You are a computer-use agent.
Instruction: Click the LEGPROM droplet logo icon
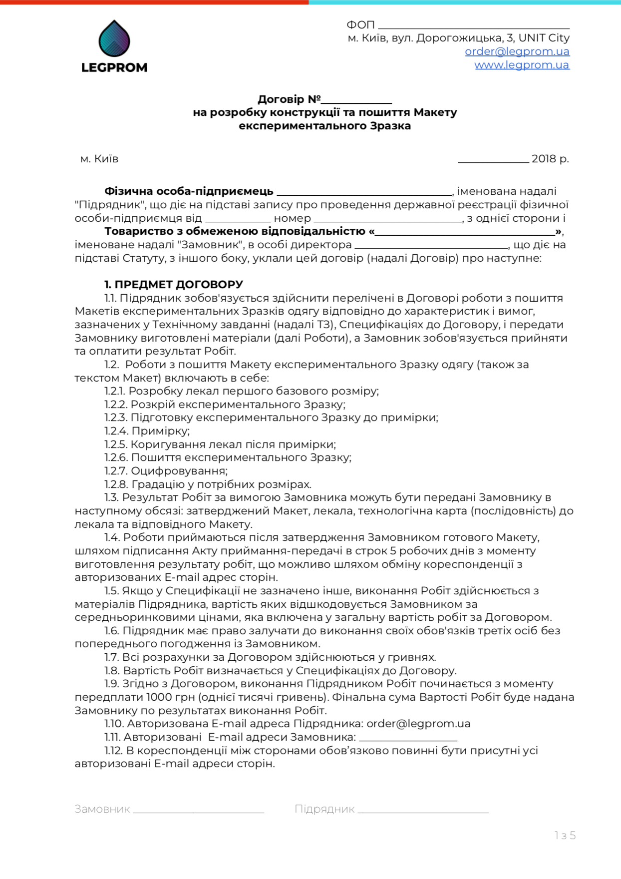114,38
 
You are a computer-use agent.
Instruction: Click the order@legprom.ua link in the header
517,51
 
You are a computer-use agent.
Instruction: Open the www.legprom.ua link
522,65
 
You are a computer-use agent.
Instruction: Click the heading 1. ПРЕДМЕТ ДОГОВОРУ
173,285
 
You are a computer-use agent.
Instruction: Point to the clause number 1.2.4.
116,431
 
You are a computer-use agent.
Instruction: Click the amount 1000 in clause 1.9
159,697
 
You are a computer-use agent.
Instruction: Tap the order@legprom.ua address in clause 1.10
418,724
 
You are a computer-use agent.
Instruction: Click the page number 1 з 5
565,836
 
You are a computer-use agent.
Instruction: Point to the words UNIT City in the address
544,38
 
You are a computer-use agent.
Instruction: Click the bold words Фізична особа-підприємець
189,191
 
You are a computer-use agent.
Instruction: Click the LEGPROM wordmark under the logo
114,67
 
